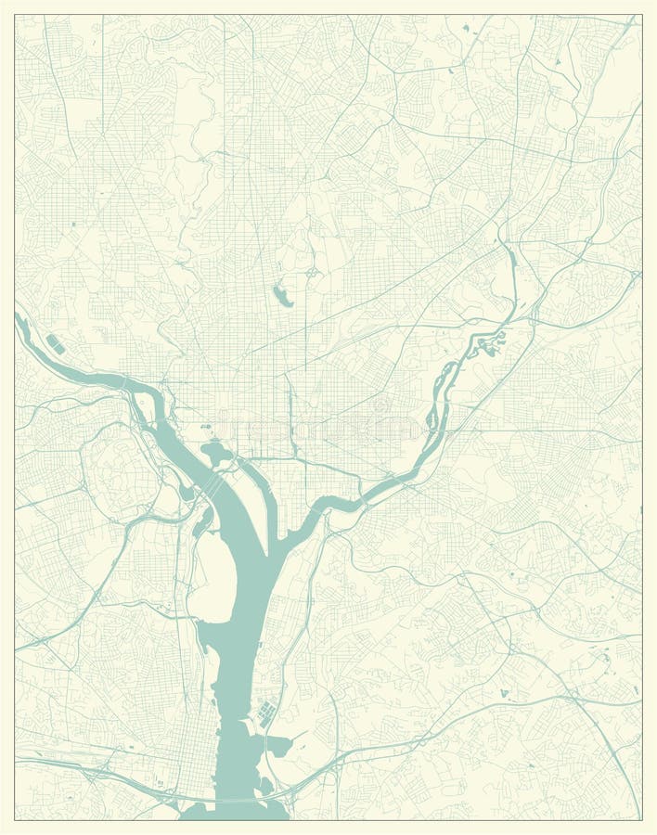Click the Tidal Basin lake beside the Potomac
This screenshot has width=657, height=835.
216,454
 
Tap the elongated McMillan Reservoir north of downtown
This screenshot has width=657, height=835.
281,297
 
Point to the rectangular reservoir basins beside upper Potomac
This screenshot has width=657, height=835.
55,345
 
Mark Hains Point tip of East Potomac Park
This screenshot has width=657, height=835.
275,542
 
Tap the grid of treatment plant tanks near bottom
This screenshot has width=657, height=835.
266,715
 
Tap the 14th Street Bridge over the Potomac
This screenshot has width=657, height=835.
213,486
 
